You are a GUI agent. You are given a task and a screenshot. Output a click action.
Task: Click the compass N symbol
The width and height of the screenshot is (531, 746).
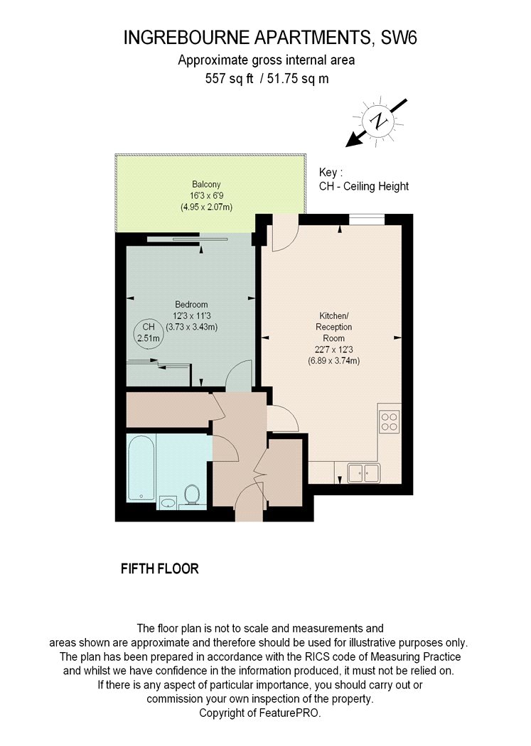click(379, 121)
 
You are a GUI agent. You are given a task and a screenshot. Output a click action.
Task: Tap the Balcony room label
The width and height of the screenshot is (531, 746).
click(206, 184)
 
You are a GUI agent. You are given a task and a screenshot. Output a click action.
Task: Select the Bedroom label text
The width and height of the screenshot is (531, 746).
click(191, 305)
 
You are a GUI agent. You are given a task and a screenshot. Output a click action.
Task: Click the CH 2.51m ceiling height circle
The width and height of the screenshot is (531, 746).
click(149, 332)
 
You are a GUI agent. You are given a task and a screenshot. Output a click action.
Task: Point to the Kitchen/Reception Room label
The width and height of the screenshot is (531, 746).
click(333, 327)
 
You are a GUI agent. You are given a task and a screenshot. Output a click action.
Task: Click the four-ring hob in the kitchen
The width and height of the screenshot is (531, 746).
click(390, 422)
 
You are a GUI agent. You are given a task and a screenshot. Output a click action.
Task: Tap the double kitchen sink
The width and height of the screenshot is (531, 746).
click(364, 473)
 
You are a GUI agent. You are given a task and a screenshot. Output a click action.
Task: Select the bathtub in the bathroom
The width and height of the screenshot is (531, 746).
click(141, 469)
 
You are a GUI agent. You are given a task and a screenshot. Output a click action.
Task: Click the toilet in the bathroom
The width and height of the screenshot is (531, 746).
click(192, 494)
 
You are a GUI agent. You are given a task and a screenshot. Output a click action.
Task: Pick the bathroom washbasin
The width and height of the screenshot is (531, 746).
click(168, 502)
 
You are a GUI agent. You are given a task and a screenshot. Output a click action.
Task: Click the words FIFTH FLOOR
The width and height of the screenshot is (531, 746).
click(160, 568)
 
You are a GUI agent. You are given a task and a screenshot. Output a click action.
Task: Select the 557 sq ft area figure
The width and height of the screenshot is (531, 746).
click(230, 78)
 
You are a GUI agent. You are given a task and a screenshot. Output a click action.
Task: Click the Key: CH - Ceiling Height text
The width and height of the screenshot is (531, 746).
click(364, 179)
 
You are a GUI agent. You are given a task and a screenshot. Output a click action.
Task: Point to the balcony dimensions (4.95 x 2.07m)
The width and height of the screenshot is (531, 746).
click(206, 207)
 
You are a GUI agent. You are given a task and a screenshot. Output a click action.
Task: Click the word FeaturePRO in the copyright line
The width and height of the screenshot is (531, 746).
click(290, 713)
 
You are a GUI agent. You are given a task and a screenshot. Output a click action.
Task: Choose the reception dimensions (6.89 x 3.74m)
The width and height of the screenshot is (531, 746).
click(333, 361)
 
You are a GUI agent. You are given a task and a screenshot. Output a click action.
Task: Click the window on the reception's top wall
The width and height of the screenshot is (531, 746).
click(367, 220)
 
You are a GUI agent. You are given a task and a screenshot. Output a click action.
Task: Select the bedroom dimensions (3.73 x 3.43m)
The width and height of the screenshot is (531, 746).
click(192, 327)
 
